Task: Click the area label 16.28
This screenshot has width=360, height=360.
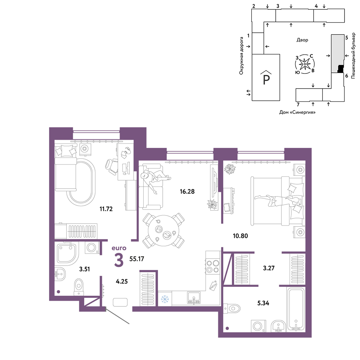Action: click(x=187, y=191)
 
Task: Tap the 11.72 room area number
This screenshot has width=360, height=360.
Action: click(x=106, y=209)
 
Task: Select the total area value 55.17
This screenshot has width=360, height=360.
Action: click(x=136, y=259)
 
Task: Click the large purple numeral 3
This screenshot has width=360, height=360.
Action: click(x=119, y=260)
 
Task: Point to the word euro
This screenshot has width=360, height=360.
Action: click(x=119, y=248)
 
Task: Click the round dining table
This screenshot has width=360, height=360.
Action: click(x=164, y=230)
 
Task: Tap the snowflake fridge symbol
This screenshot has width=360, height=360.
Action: click(x=165, y=299)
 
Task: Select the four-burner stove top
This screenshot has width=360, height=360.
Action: click(x=213, y=266)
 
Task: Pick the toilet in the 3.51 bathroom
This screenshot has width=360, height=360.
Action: click(x=79, y=287)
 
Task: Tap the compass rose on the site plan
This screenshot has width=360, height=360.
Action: click(x=305, y=64)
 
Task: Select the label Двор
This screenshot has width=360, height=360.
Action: click(x=302, y=40)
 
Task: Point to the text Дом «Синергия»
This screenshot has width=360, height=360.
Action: click(x=297, y=112)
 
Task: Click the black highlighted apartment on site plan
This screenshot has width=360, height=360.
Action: click(x=341, y=69)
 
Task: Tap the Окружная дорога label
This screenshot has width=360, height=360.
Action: click(x=241, y=55)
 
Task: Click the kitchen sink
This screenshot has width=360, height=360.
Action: click(x=194, y=298)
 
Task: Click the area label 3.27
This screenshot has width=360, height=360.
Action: click(x=269, y=268)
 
